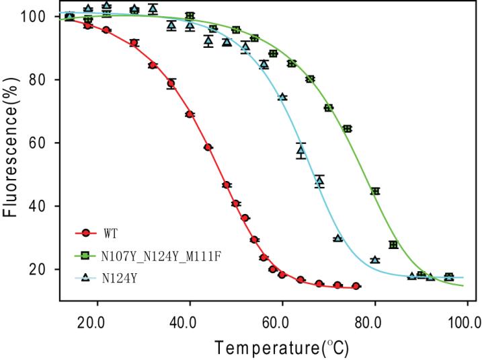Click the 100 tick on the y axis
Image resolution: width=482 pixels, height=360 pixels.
(42, 16)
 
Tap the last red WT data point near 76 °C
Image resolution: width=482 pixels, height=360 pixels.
(356, 286)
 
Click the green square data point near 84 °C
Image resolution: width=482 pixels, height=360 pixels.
(393, 244)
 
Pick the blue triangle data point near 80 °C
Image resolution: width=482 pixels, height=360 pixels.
(374, 260)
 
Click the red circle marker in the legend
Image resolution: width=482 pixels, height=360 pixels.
(85, 233)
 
